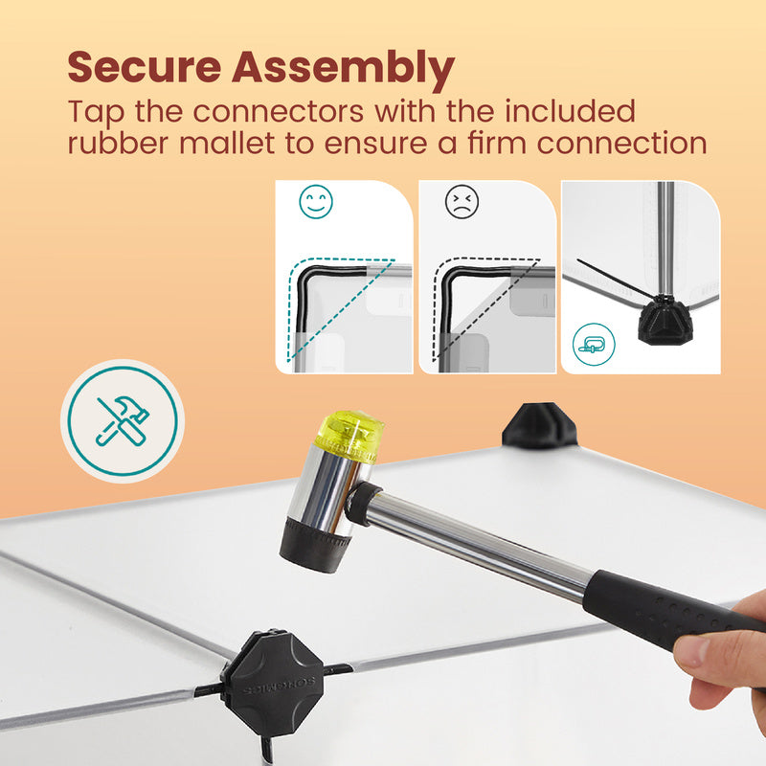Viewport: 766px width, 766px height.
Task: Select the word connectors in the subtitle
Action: (x=278, y=111)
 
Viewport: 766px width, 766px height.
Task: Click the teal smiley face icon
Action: (x=316, y=201)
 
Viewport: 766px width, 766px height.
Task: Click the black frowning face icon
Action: (x=462, y=201)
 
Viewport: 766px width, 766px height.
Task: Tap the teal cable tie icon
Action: (x=594, y=345)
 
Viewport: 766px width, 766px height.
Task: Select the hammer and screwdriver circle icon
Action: (x=123, y=421)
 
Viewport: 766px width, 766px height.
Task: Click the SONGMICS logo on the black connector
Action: (x=279, y=686)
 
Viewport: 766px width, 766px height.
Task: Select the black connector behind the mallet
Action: (x=540, y=425)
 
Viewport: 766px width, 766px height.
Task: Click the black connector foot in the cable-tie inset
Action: (x=665, y=320)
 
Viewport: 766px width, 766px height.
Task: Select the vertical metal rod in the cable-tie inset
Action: (x=665, y=238)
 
